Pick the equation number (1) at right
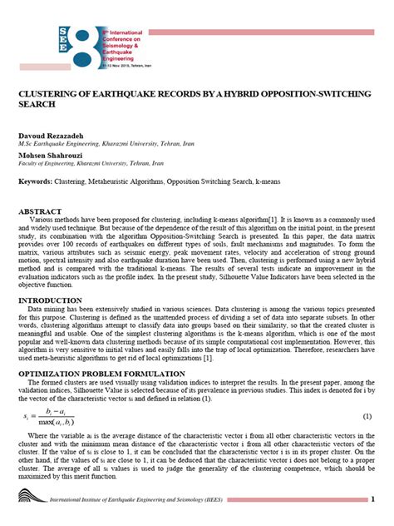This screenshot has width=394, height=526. [x=367, y=414]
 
